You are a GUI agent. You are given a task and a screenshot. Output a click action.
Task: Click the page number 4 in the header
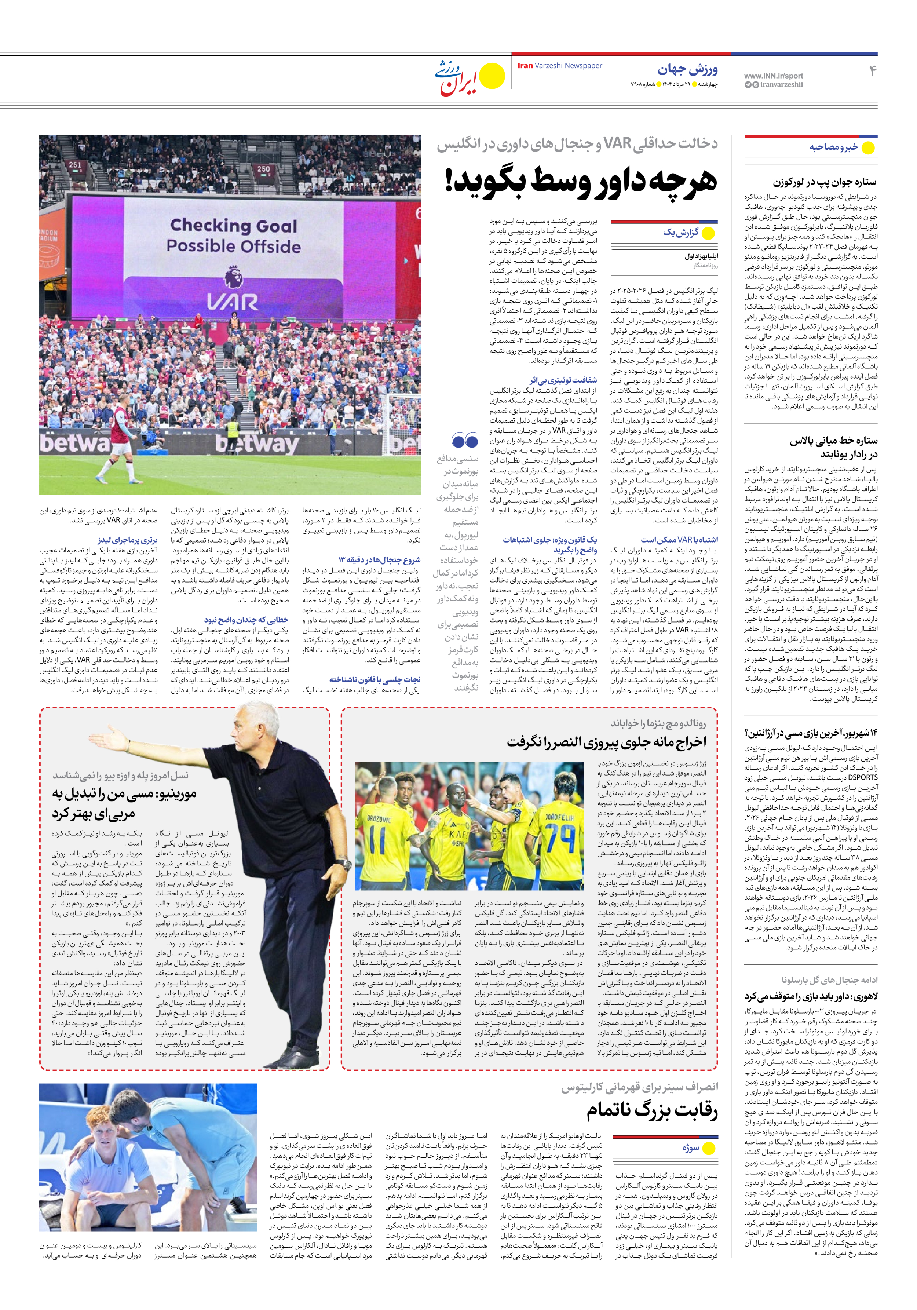(872, 71)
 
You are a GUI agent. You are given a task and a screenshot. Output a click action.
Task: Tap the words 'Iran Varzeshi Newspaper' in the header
(559, 66)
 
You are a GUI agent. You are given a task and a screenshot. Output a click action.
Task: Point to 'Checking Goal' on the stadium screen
(233, 226)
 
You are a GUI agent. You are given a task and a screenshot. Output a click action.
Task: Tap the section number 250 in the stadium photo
(263, 169)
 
